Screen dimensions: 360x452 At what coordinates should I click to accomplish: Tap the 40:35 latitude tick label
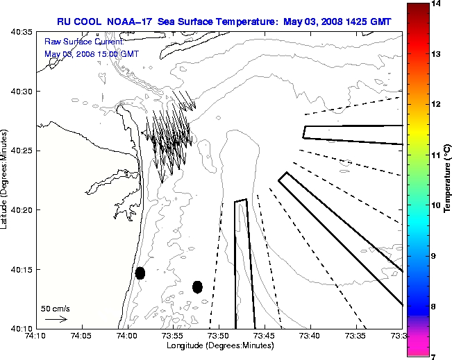click(21, 33)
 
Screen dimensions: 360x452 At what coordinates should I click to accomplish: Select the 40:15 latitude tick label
click(21, 269)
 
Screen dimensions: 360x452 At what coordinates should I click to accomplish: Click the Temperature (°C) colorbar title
click(449, 180)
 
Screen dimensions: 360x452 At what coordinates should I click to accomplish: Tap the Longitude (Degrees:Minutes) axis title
click(219, 345)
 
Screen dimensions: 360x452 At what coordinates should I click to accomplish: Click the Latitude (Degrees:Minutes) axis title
click(6, 180)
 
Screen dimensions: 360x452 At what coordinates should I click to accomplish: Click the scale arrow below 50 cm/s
click(56, 320)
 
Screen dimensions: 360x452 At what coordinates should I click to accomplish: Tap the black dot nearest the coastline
click(140, 273)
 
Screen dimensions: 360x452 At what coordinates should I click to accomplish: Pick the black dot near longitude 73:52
click(197, 286)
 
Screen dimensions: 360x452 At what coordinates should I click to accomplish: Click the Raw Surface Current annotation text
click(74, 42)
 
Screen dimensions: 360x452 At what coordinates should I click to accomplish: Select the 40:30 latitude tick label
click(21, 92)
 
